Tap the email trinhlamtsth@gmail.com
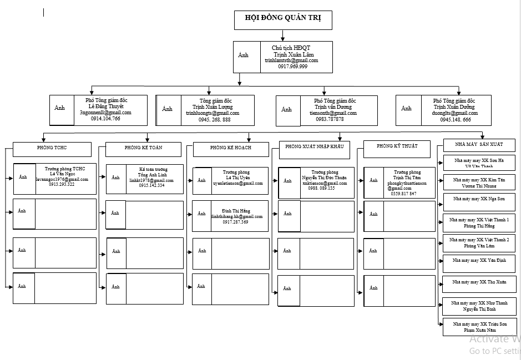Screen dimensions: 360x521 click(291, 60)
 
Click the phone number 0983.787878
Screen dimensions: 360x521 click(330, 119)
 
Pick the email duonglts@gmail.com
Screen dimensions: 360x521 click(456, 113)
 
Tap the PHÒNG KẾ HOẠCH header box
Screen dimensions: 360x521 click(231, 149)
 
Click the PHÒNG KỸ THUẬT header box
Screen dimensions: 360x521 click(396, 146)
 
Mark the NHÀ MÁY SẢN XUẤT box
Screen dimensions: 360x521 click(479, 145)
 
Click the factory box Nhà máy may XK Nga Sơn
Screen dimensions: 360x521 click(479, 199)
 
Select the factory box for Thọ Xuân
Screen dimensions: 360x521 click(479, 282)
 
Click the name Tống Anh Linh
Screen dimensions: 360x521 click(152, 175)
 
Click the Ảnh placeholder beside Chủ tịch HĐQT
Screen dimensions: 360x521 click(244, 55)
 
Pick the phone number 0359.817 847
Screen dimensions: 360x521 click(403, 194)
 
